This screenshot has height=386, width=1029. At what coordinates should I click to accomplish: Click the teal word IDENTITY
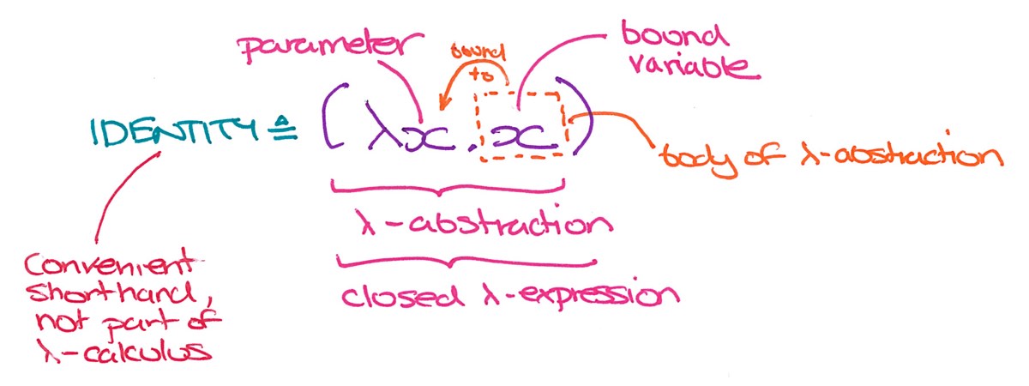point(175,132)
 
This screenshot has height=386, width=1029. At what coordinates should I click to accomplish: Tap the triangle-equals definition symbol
point(284,128)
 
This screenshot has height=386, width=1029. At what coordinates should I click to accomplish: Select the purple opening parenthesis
point(334,116)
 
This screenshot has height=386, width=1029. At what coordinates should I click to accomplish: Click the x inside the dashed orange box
point(517,136)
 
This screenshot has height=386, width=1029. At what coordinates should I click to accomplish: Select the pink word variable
point(694,67)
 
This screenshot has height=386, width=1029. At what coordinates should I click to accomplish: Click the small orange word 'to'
point(480,75)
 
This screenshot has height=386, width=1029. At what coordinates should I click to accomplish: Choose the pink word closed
point(400,296)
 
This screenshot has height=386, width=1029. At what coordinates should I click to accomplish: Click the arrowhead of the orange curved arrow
point(442,105)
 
